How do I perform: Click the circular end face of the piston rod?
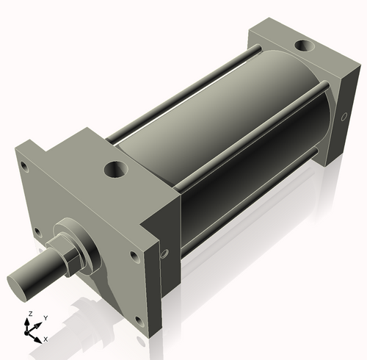(18, 282)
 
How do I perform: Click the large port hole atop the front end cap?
(116, 170)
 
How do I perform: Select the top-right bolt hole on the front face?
(134, 256)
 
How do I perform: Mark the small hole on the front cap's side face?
(164, 254)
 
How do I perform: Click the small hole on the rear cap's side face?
(345, 115)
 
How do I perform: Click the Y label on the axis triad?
(46, 318)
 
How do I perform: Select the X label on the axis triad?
(46, 339)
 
